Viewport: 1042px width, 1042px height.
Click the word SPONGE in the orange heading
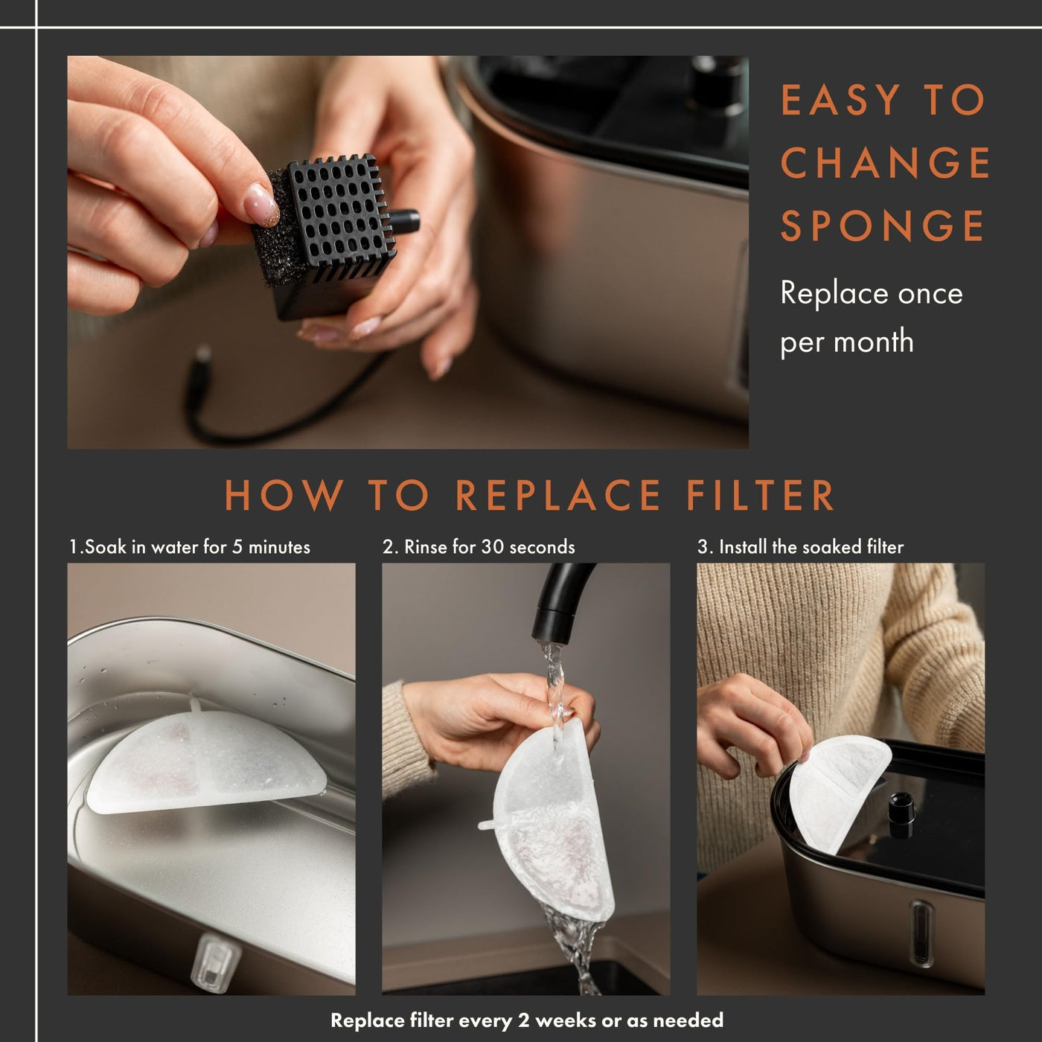click(x=882, y=226)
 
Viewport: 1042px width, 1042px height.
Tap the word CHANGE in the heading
click(x=885, y=162)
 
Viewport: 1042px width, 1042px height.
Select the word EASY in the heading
click(x=840, y=100)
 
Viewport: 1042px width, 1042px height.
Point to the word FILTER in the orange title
click(x=760, y=495)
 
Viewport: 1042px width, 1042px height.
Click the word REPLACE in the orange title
click(x=557, y=495)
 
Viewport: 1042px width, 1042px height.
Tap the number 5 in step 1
click(x=237, y=547)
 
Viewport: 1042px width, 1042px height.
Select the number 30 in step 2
click(x=493, y=547)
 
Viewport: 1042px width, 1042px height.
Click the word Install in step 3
click(x=744, y=547)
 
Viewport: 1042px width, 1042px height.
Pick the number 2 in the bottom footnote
click(x=523, y=1020)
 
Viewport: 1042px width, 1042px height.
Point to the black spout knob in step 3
click(x=901, y=808)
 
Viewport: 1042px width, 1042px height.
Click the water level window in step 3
click(x=921, y=924)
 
